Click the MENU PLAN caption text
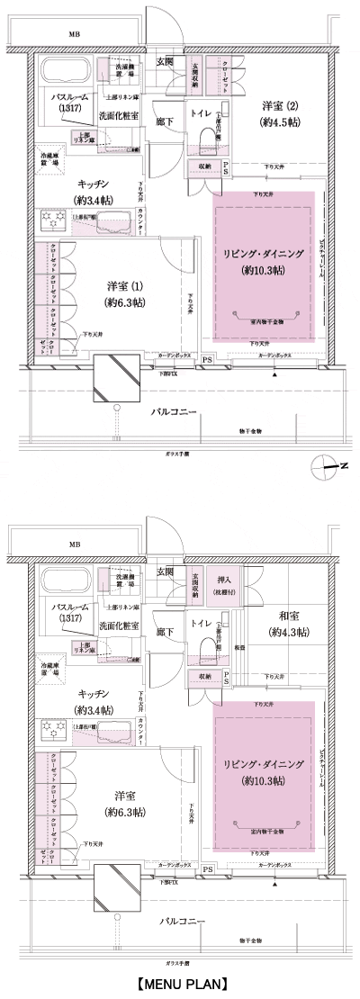tap(180, 984)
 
